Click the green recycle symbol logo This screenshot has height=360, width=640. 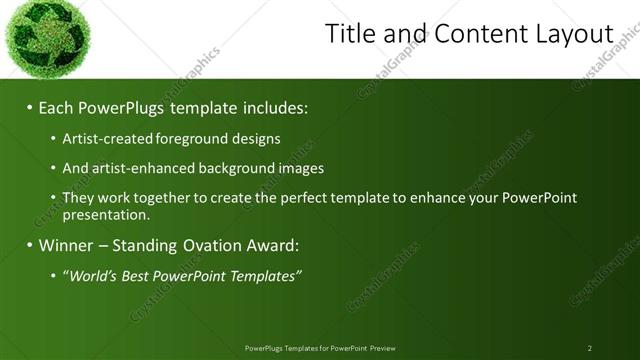pyautogui.click(x=44, y=37)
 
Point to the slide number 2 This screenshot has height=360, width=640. pyautogui.click(x=589, y=348)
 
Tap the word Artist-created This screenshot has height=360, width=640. pyautogui.click(x=100, y=138)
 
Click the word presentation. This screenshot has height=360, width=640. pyautogui.click(x=106, y=214)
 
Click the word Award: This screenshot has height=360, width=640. pyautogui.click(x=272, y=245)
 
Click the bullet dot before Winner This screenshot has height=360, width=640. pyautogui.click(x=29, y=245)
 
